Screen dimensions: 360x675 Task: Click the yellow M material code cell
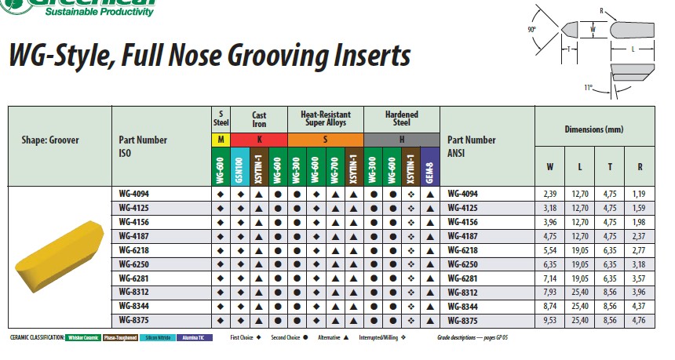click(221, 140)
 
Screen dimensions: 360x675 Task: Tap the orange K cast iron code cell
click(259, 140)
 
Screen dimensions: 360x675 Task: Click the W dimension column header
click(549, 167)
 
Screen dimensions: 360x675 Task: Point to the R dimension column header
click(640, 167)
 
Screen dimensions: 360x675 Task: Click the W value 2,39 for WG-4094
click(549, 193)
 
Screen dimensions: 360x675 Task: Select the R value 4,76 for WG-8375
click(640, 319)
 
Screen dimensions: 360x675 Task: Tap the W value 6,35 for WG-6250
click(549, 263)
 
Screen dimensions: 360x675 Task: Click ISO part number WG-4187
click(133, 235)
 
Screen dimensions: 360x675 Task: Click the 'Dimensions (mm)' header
click(594, 129)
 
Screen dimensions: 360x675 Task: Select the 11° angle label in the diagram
click(588, 88)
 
